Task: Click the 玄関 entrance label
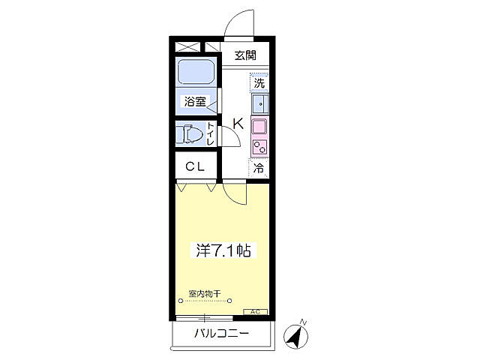[244, 55]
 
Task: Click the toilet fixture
[190, 135]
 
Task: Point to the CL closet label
[196, 167]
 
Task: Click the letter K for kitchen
[236, 124]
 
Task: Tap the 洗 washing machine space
[259, 82]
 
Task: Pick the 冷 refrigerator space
[259, 169]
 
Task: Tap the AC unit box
[254, 311]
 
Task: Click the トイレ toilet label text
[211, 134]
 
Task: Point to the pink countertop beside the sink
[259, 126]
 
